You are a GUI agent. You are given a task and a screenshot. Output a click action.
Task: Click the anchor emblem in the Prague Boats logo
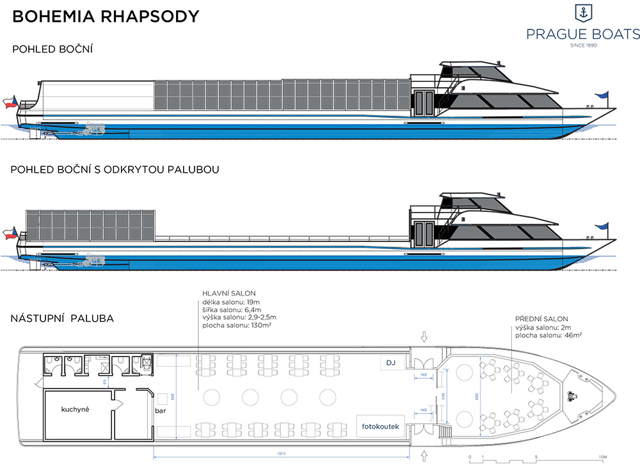582,12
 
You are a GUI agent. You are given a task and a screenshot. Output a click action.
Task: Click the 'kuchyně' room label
75,409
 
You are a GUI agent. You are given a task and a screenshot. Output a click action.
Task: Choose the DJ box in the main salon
392,363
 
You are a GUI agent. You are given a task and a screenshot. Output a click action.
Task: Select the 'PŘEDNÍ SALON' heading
541,319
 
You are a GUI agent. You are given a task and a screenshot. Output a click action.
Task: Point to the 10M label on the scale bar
601,457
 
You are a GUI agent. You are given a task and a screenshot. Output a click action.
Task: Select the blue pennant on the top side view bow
602,95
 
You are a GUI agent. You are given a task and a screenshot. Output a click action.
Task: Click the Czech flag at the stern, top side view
9,102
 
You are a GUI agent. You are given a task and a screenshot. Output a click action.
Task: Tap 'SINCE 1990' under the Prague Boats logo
582,45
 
